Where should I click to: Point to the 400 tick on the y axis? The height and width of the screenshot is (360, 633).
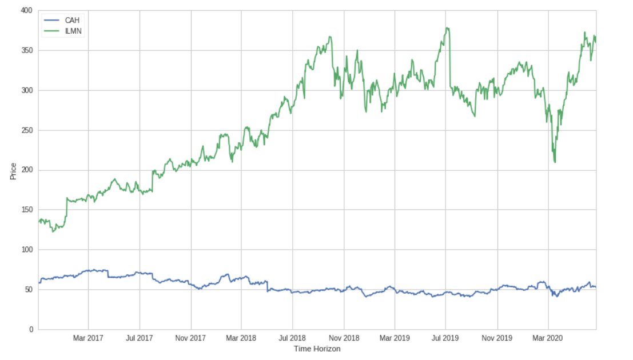[x=26, y=11]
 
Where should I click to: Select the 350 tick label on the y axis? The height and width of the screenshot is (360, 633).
[x=26, y=50]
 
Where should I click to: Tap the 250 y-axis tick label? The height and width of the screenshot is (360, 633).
[x=26, y=130]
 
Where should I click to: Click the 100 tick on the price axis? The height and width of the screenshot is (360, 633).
[x=26, y=250]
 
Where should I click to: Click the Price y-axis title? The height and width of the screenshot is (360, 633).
[x=13, y=170]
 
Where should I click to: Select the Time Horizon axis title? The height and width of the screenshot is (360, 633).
[x=317, y=349]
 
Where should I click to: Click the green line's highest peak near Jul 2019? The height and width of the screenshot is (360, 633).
[x=447, y=27]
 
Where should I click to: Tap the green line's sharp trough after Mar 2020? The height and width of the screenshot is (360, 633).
[x=555, y=162]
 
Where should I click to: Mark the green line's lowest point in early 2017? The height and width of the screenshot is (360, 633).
[x=53, y=231]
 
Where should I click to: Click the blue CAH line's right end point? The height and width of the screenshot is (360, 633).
[x=595, y=287]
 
